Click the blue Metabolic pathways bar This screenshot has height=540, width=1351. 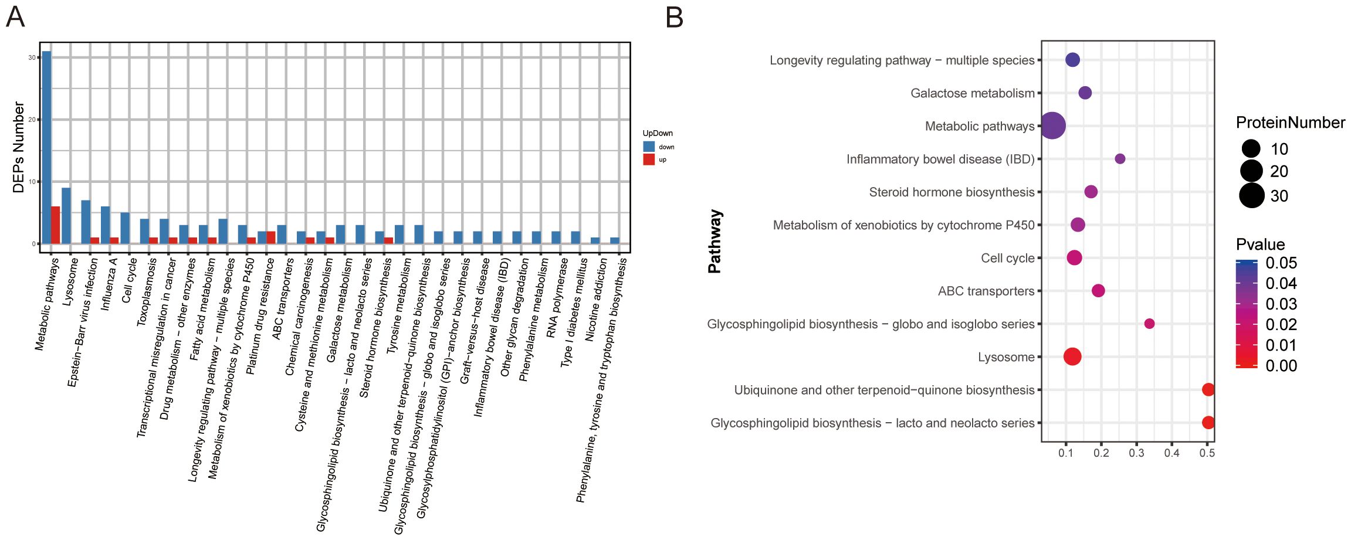46,147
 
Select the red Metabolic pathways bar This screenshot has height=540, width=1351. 56,225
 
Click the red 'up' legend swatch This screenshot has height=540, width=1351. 648,159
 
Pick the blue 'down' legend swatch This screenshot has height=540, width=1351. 648,147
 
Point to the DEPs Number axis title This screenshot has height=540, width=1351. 18,148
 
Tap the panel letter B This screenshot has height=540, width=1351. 675,18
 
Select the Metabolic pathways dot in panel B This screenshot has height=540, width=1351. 1052,125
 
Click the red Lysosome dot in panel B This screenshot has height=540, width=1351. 1072,356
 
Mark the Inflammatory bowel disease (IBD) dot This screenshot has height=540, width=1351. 1120,159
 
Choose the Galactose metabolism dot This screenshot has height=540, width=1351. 1085,93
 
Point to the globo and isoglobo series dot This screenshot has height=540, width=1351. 1149,324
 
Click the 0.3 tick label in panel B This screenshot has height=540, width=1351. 1136,453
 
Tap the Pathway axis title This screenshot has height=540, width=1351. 715,242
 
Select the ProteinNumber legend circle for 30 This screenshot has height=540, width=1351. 1251,195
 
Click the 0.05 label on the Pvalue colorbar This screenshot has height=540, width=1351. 1281,263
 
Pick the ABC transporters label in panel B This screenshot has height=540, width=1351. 986,291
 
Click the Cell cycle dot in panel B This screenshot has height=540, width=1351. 1074,257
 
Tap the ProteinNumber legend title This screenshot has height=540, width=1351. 1290,123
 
